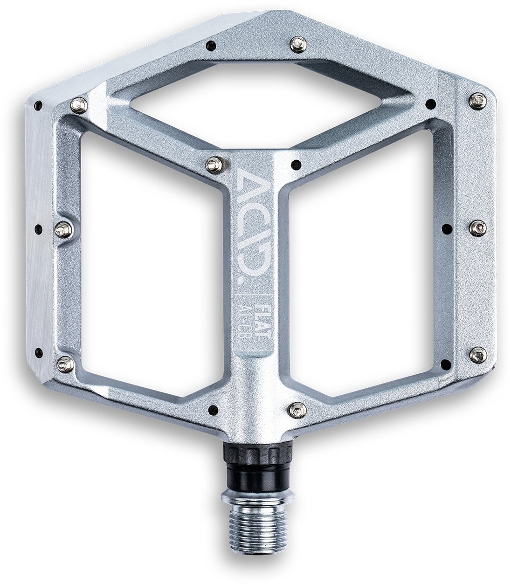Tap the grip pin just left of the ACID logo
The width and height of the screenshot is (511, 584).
(x=214, y=163)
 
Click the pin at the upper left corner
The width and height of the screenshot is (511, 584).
(x=79, y=105)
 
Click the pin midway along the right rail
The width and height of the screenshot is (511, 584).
(x=477, y=226)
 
